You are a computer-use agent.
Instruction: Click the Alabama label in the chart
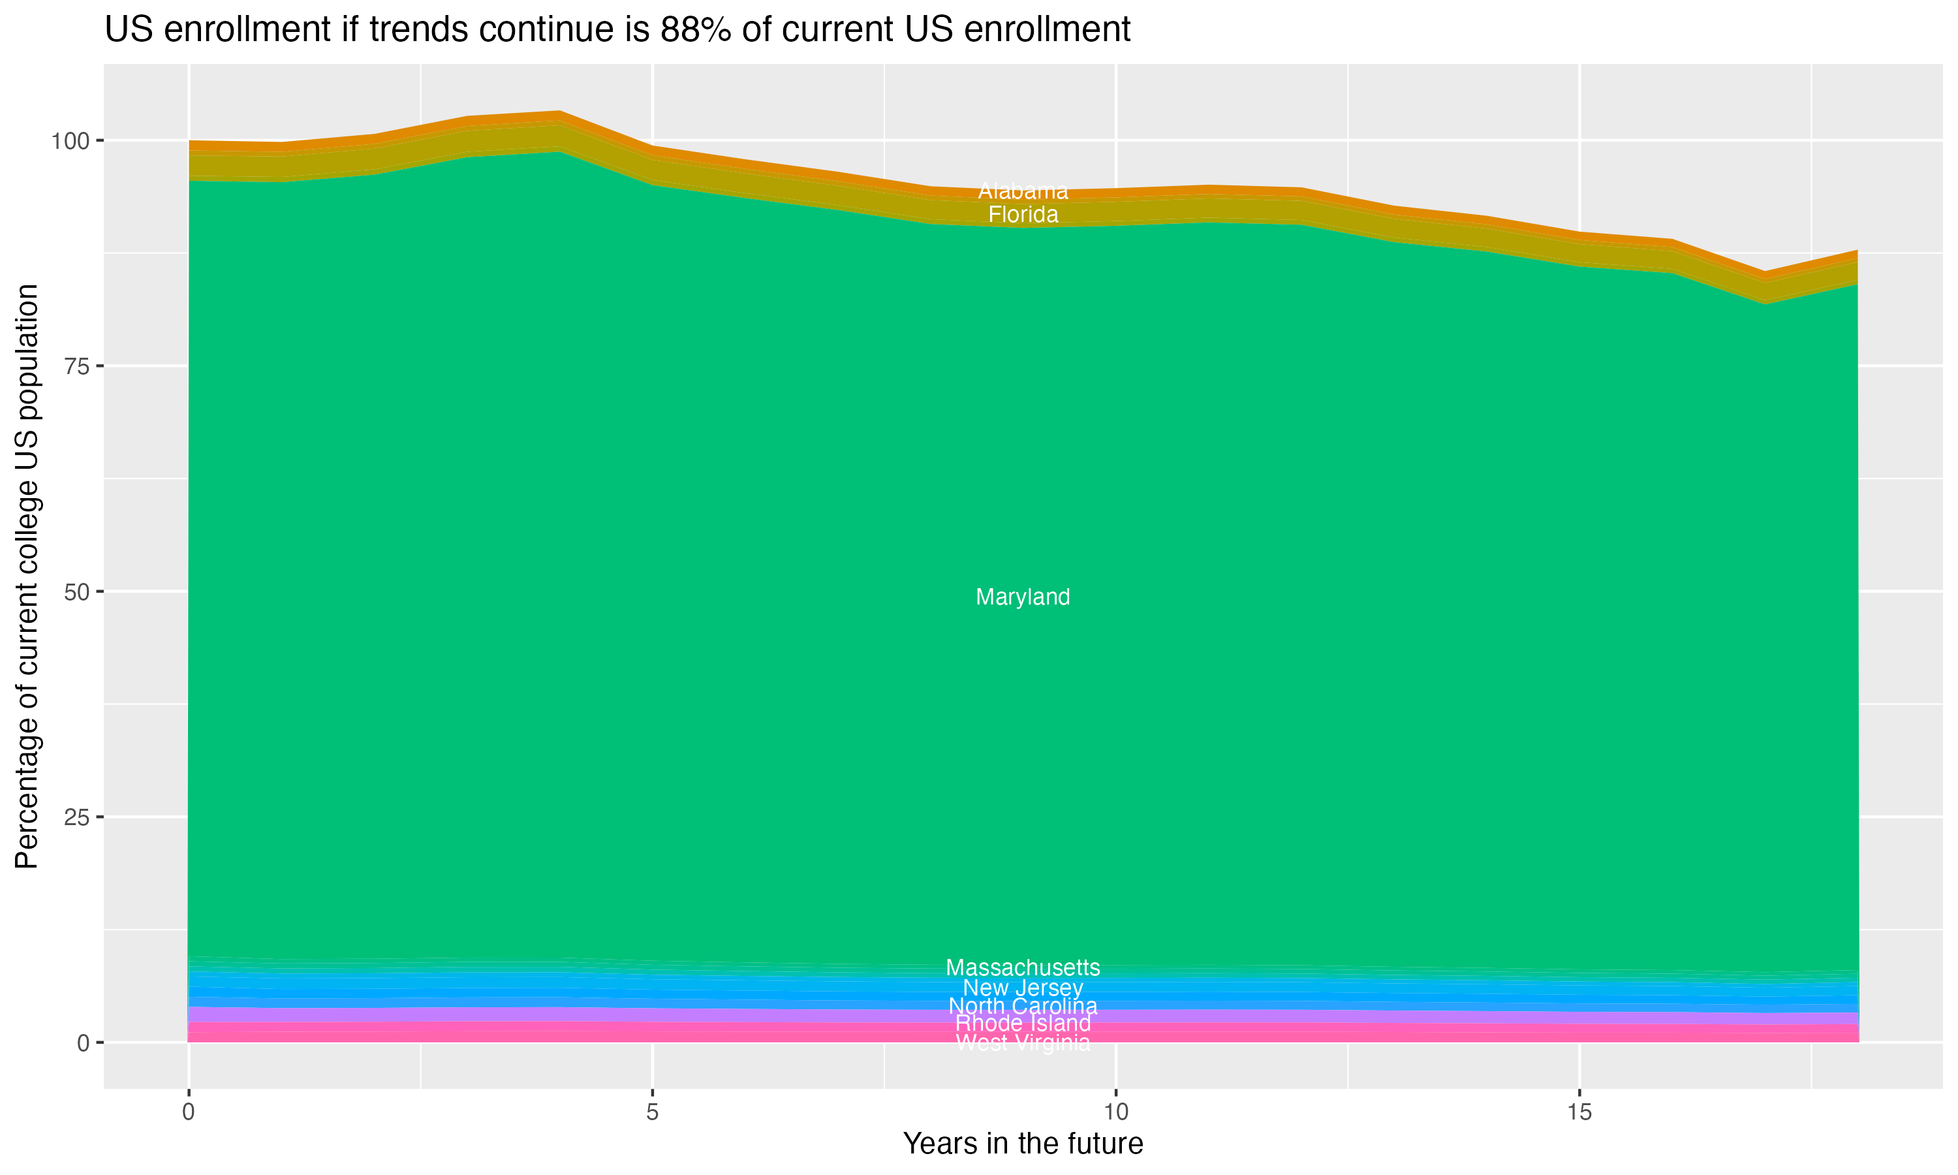(1023, 191)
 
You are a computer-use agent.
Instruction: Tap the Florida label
(1023, 215)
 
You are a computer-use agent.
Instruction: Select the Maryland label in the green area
(1023, 597)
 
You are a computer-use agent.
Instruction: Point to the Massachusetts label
(1023, 967)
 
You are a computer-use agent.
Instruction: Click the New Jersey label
(1023, 988)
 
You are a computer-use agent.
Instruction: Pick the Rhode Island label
(1023, 1024)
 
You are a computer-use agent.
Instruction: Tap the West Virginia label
(1023, 1042)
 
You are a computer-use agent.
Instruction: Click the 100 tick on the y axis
(70, 142)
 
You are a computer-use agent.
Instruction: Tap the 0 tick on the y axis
(83, 1042)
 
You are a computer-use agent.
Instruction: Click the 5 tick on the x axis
(652, 1112)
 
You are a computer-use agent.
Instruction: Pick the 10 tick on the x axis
(1115, 1112)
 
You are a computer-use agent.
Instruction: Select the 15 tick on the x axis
(1579, 1112)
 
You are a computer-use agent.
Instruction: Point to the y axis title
(27, 576)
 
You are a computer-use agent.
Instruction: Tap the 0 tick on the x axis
(189, 1112)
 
